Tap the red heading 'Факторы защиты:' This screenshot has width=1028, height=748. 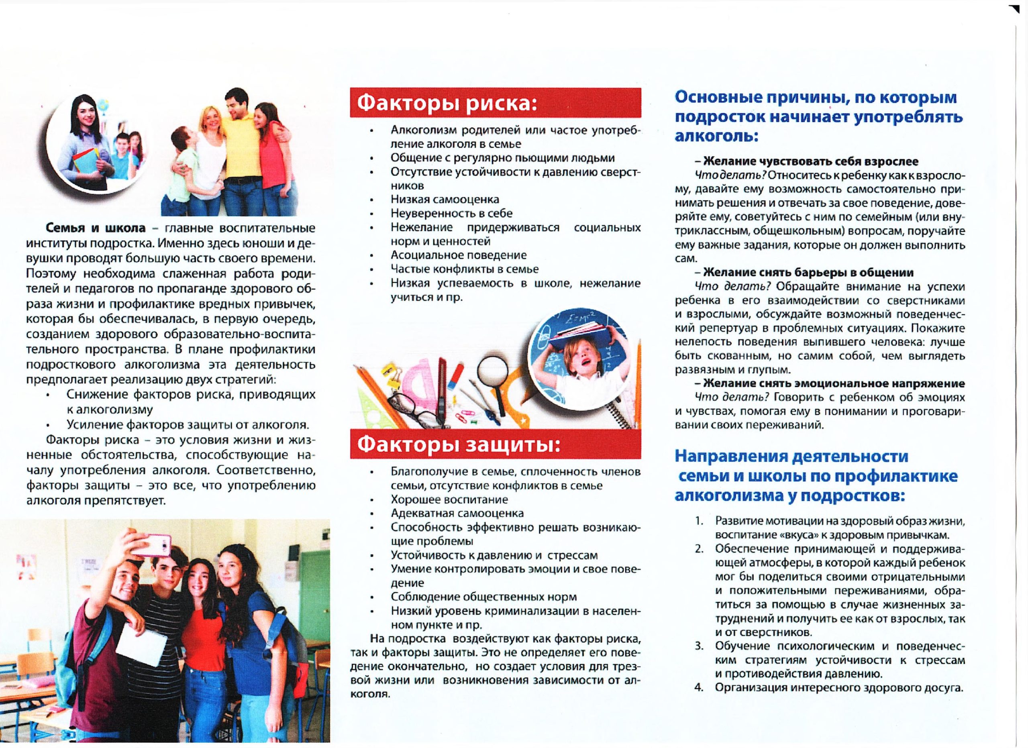[x=458, y=445]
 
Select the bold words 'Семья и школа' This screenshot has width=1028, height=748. [x=95, y=228]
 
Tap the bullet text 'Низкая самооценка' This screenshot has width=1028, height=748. [x=445, y=199]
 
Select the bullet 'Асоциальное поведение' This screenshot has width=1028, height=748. [x=458, y=255]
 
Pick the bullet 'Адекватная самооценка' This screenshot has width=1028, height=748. [x=457, y=513]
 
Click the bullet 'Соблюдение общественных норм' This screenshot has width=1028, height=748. [x=483, y=597]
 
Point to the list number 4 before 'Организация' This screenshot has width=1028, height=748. [x=698, y=687]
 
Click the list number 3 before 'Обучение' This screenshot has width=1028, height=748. [x=698, y=646]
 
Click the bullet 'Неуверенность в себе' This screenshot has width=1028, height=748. [x=451, y=213]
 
